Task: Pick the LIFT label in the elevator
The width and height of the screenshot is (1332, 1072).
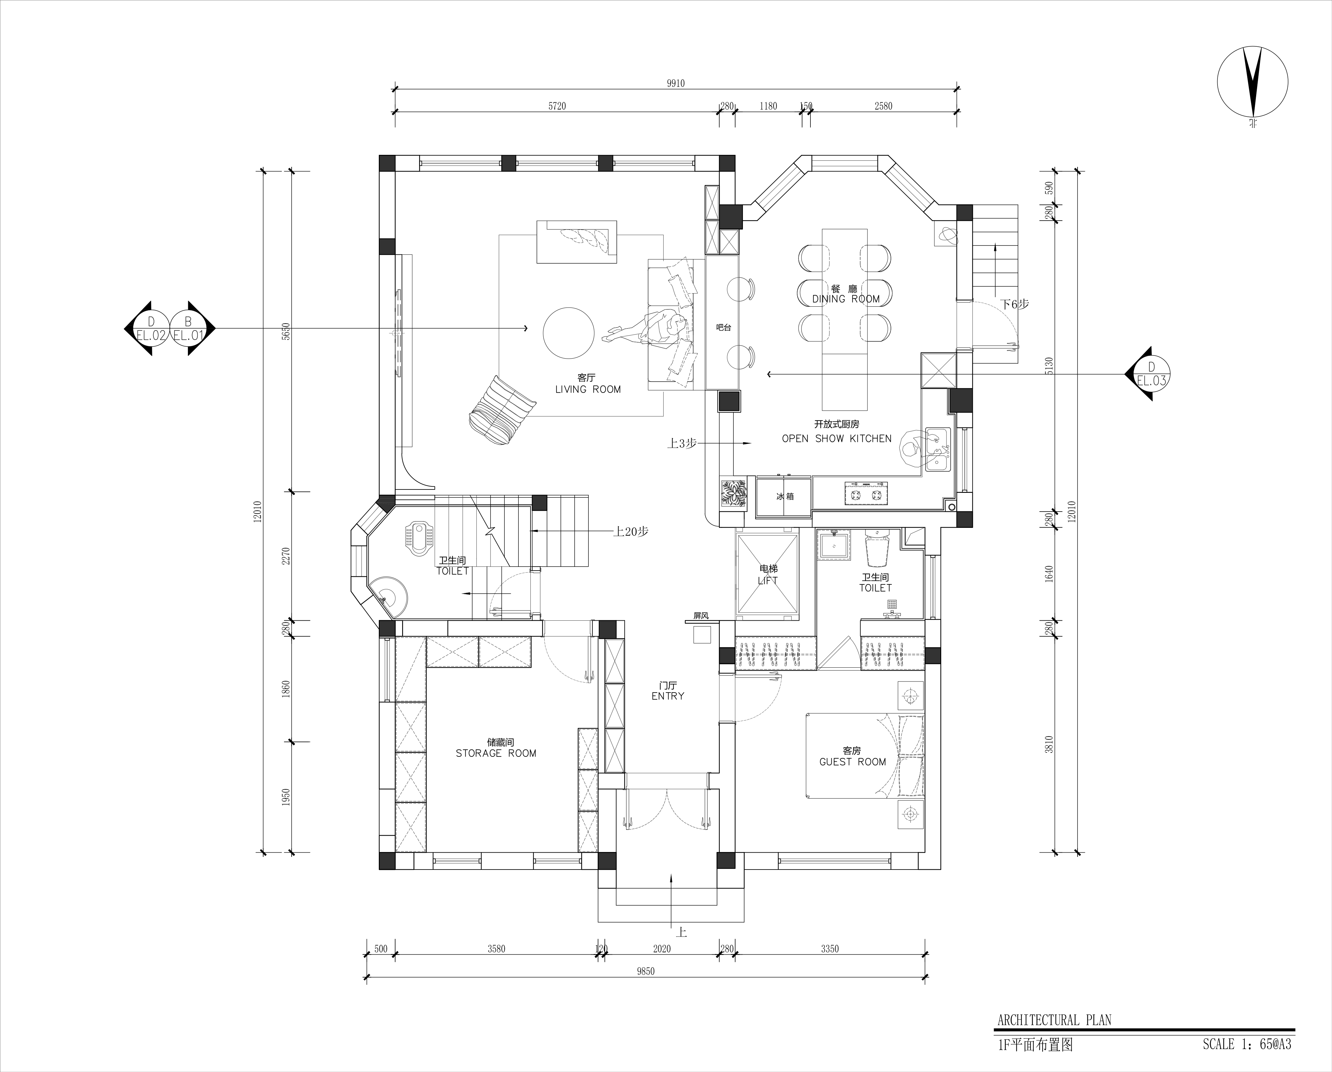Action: click(x=768, y=580)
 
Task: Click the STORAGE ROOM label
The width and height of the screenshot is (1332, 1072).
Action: click(x=496, y=753)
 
